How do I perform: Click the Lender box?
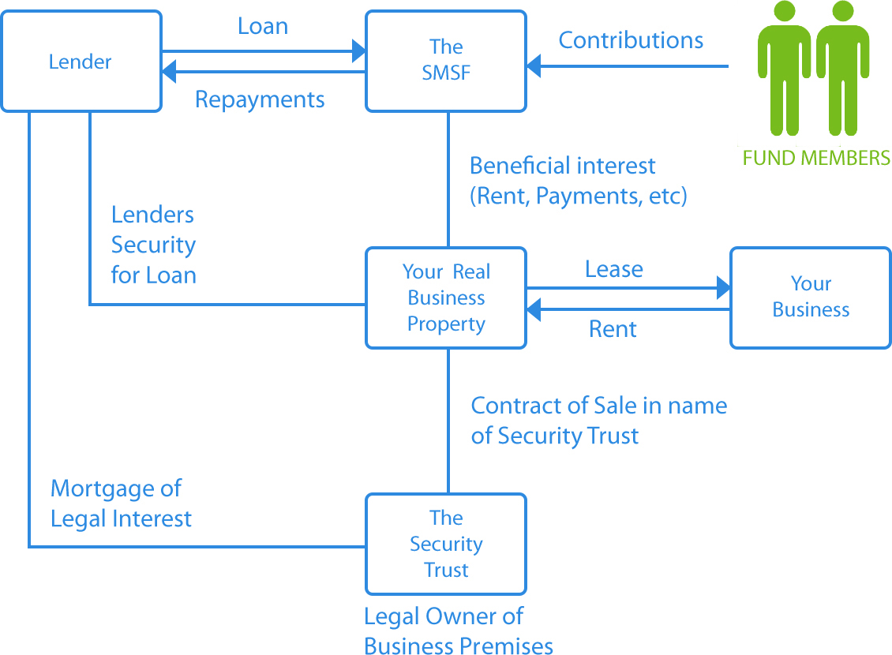(81, 61)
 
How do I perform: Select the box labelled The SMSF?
(446, 61)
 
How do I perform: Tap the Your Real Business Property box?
(446, 298)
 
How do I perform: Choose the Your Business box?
(811, 298)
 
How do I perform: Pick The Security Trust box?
(446, 544)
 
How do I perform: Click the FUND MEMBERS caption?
(816, 158)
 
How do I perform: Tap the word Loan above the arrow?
(263, 26)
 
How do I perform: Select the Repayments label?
(260, 100)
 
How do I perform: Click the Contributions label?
(631, 40)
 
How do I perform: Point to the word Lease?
(613, 270)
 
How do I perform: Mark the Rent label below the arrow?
(613, 329)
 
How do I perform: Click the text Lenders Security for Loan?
(153, 245)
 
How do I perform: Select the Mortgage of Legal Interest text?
(121, 503)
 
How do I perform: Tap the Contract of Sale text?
(598, 420)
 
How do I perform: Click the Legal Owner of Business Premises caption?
(458, 631)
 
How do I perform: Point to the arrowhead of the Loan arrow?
(359, 52)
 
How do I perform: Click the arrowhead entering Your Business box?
(723, 288)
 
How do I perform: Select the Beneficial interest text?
(578, 180)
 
